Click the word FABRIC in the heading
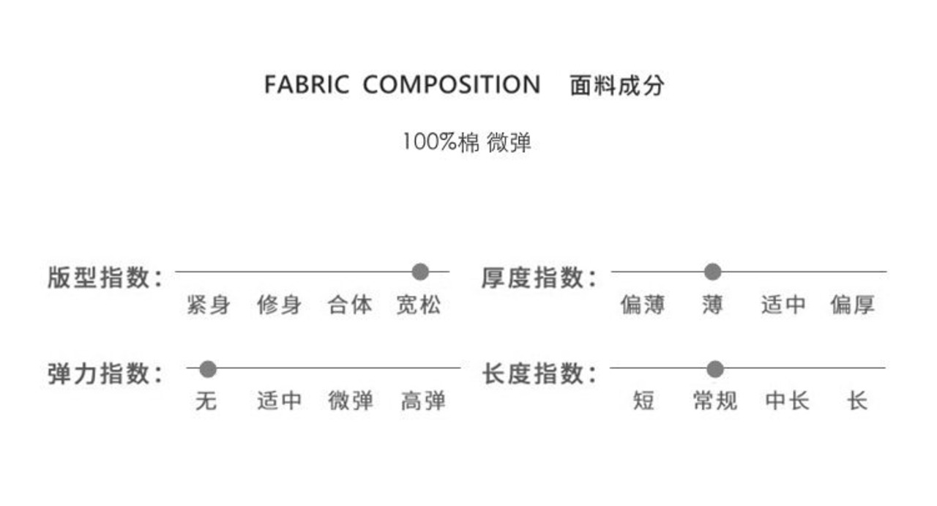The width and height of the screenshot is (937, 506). tap(306, 85)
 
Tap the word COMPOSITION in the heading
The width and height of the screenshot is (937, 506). tap(451, 85)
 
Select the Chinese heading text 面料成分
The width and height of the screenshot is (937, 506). tap(616, 86)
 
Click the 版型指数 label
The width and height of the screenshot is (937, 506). tap(105, 278)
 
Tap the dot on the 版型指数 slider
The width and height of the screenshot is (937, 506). tap(420, 272)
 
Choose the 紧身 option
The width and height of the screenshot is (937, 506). tap(208, 305)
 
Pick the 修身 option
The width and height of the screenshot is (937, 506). tap(279, 305)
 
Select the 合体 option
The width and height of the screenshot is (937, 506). tap(350, 305)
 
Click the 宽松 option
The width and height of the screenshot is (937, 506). tap(419, 305)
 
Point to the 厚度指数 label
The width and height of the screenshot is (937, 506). tap(538, 278)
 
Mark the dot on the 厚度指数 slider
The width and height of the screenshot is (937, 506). tap(712, 272)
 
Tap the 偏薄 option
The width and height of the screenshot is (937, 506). tap(642, 305)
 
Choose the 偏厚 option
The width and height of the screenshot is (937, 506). tap(852, 305)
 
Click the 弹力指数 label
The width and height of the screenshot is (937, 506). tap(105, 373)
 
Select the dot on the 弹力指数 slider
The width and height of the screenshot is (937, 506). tap(208, 368)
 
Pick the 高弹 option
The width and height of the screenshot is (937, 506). tap(423, 401)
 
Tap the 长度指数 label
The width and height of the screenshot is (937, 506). tap(538, 373)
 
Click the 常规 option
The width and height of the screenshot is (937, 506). tap(714, 401)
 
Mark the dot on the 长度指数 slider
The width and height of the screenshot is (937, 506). tap(715, 368)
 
